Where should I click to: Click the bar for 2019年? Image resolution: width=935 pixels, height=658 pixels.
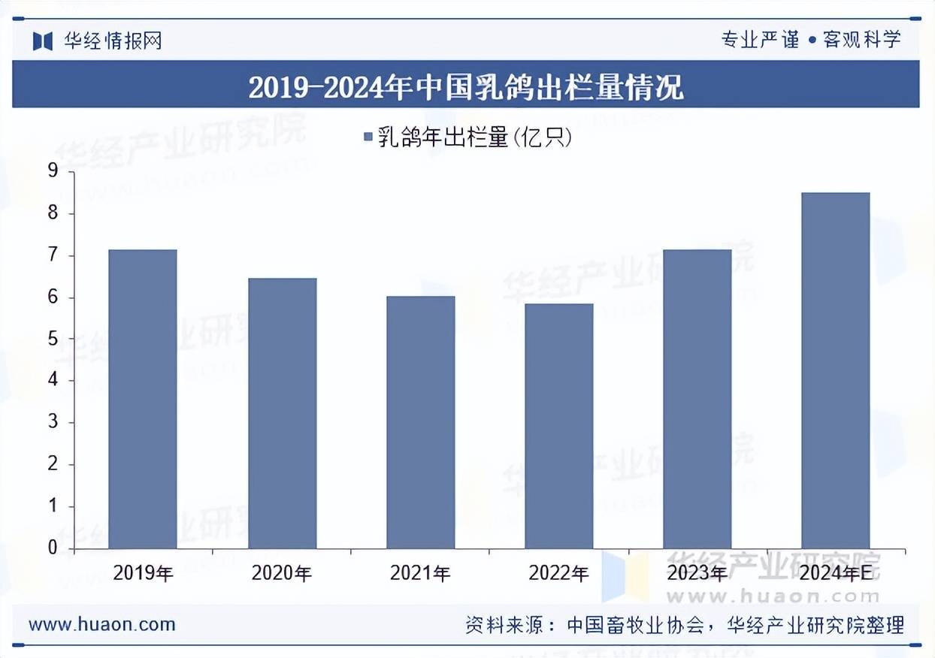[x=143, y=399]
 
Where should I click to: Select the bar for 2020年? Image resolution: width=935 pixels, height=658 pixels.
[x=282, y=413]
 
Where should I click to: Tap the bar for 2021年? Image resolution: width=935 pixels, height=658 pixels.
[x=420, y=422]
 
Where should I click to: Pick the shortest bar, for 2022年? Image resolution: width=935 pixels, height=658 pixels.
[x=558, y=426]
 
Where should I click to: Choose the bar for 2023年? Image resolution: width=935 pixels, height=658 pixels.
[x=697, y=399]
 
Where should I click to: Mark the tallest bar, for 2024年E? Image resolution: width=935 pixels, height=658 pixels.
[x=835, y=370]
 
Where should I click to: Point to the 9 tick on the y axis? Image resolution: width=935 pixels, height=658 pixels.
[x=53, y=172]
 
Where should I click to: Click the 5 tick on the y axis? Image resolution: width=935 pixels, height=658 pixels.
[x=53, y=340]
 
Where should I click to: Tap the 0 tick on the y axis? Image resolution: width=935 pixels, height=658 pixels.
[x=53, y=548]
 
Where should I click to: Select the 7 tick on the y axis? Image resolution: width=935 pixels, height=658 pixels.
[x=53, y=256]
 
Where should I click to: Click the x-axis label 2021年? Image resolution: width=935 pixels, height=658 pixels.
[x=420, y=574]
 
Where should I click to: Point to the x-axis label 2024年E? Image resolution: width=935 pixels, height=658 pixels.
[x=835, y=574]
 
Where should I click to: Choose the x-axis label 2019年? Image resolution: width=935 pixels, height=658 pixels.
[x=143, y=574]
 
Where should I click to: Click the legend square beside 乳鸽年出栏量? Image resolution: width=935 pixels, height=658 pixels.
[x=368, y=137]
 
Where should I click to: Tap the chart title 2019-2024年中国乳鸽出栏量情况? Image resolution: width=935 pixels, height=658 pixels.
[x=466, y=86]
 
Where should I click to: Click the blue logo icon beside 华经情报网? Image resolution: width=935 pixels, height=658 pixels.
[x=43, y=40]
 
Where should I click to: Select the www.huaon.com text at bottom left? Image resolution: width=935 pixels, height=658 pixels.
[x=101, y=623]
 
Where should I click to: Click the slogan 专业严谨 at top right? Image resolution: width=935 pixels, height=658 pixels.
[x=761, y=39]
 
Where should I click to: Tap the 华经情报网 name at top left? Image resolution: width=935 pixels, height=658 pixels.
[x=112, y=40]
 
